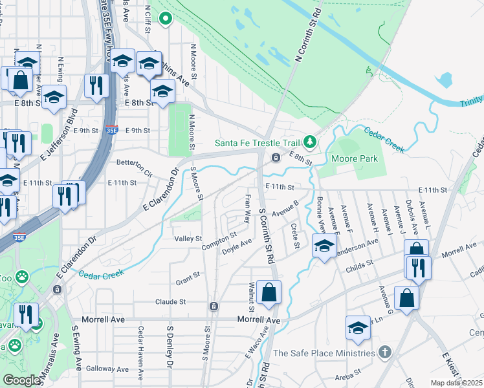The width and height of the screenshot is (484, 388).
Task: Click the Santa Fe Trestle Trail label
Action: tap(259, 142)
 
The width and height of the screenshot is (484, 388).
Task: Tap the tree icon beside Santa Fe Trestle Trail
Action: tap(311, 141)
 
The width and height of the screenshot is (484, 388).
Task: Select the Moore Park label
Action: tap(349, 158)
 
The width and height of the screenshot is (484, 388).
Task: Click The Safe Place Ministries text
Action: tap(324, 353)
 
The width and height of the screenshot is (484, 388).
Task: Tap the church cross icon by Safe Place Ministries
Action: tap(385, 352)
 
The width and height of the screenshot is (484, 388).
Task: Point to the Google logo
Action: tap(21, 380)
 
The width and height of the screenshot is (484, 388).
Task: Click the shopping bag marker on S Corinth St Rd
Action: tap(269, 292)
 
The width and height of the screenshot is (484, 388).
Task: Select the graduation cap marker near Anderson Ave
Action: tap(324, 245)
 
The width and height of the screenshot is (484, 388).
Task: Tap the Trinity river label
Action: tap(472, 99)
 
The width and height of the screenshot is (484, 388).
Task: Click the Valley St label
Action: tap(189, 239)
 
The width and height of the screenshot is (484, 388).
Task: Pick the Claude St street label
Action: tap(171, 301)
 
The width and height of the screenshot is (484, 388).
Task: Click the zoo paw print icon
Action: tap(23, 277)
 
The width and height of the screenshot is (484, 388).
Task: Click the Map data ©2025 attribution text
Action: tap(457, 383)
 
